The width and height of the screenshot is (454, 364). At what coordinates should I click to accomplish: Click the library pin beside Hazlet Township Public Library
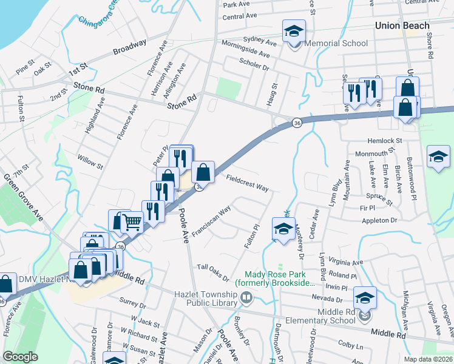(x=246, y=298)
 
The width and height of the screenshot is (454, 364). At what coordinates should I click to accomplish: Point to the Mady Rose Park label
(x=280, y=279)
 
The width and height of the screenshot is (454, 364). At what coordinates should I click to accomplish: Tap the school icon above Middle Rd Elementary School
(x=365, y=298)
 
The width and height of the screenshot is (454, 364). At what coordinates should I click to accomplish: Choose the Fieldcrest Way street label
(x=247, y=183)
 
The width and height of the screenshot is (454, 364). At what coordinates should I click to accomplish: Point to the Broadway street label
(x=129, y=47)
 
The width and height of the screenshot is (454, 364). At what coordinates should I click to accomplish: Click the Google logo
(x=20, y=356)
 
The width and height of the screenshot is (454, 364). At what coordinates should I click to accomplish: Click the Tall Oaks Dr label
(x=212, y=272)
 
